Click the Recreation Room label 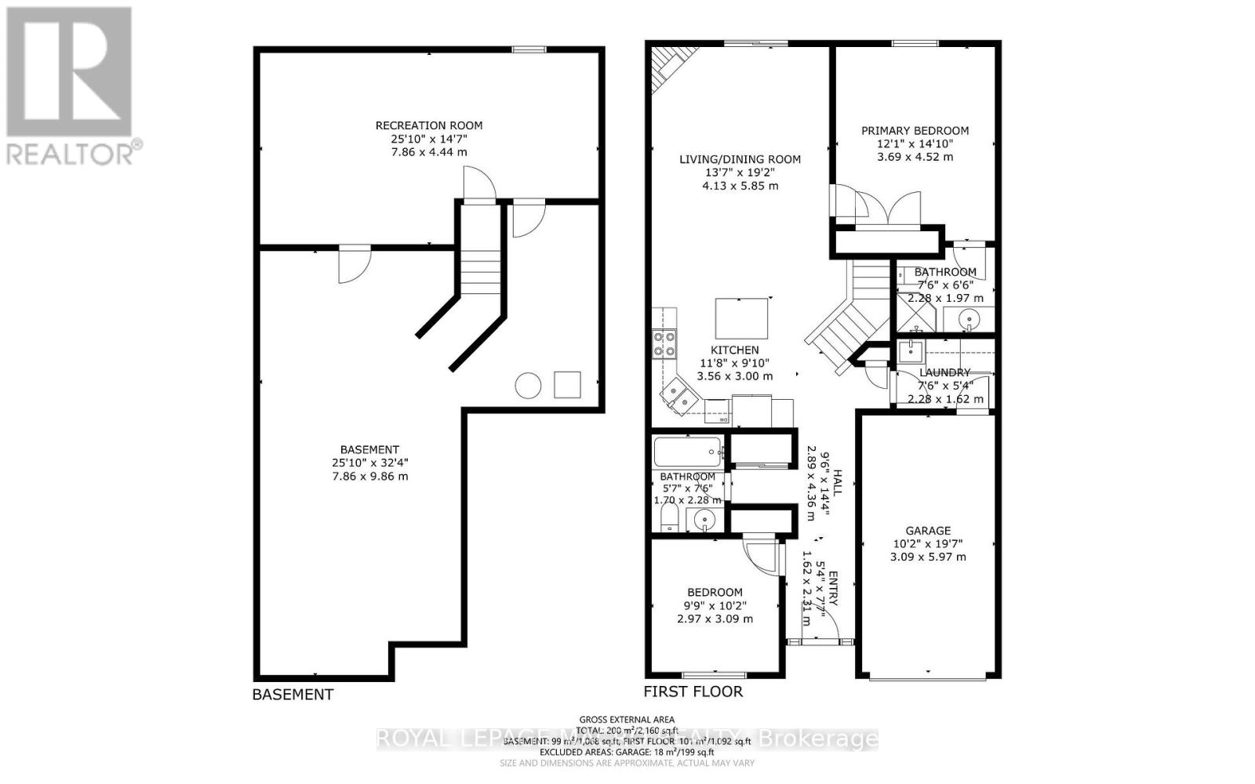[429, 125]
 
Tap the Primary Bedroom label [915, 131]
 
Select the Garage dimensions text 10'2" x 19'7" [928, 544]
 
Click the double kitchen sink [678, 396]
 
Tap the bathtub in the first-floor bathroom [688, 452]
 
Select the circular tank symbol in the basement [528, 385]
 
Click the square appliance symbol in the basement [567, 384]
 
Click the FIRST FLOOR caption [693, 691]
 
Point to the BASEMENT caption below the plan [293, 695]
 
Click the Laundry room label [944, 372]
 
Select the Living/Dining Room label [740, 160]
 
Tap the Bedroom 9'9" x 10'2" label [715, 593]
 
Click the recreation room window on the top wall [529, 50]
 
